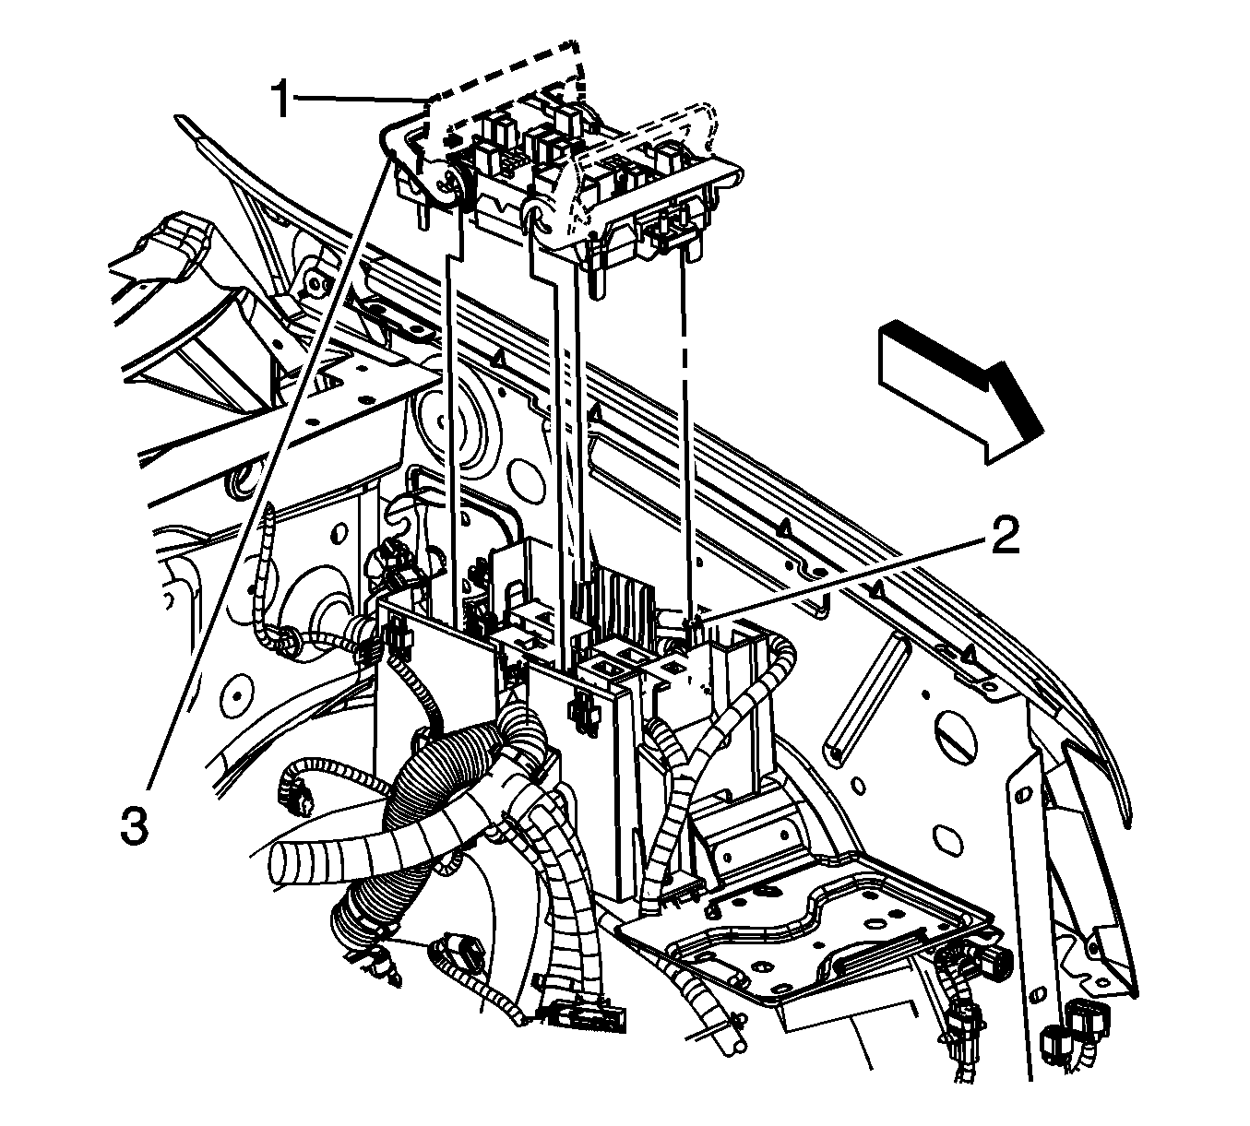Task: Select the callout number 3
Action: pos(137,824)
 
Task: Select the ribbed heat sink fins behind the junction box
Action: pos(617,599)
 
